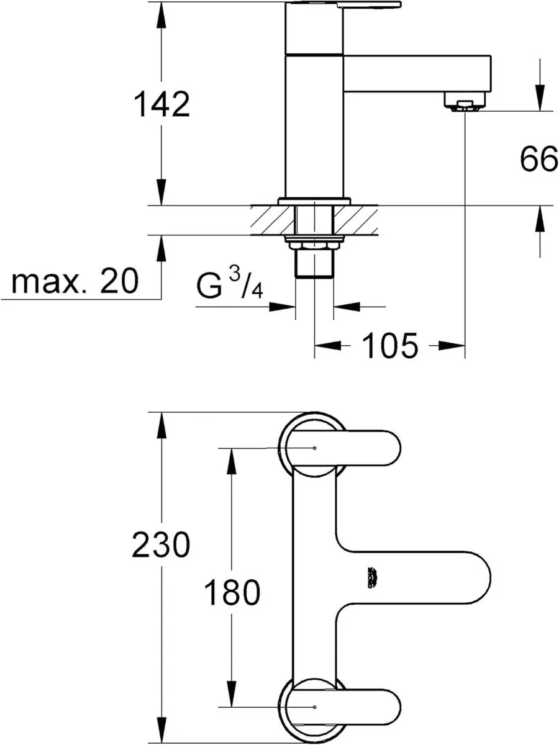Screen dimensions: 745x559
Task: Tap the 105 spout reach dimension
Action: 389,346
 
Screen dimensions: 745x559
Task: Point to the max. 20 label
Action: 75,282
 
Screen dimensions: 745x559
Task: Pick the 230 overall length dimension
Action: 160,546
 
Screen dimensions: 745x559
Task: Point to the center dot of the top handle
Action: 315,448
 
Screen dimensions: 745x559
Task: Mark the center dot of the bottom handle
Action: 315,707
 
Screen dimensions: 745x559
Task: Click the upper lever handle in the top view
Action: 360,448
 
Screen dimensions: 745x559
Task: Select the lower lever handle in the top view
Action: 360,706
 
